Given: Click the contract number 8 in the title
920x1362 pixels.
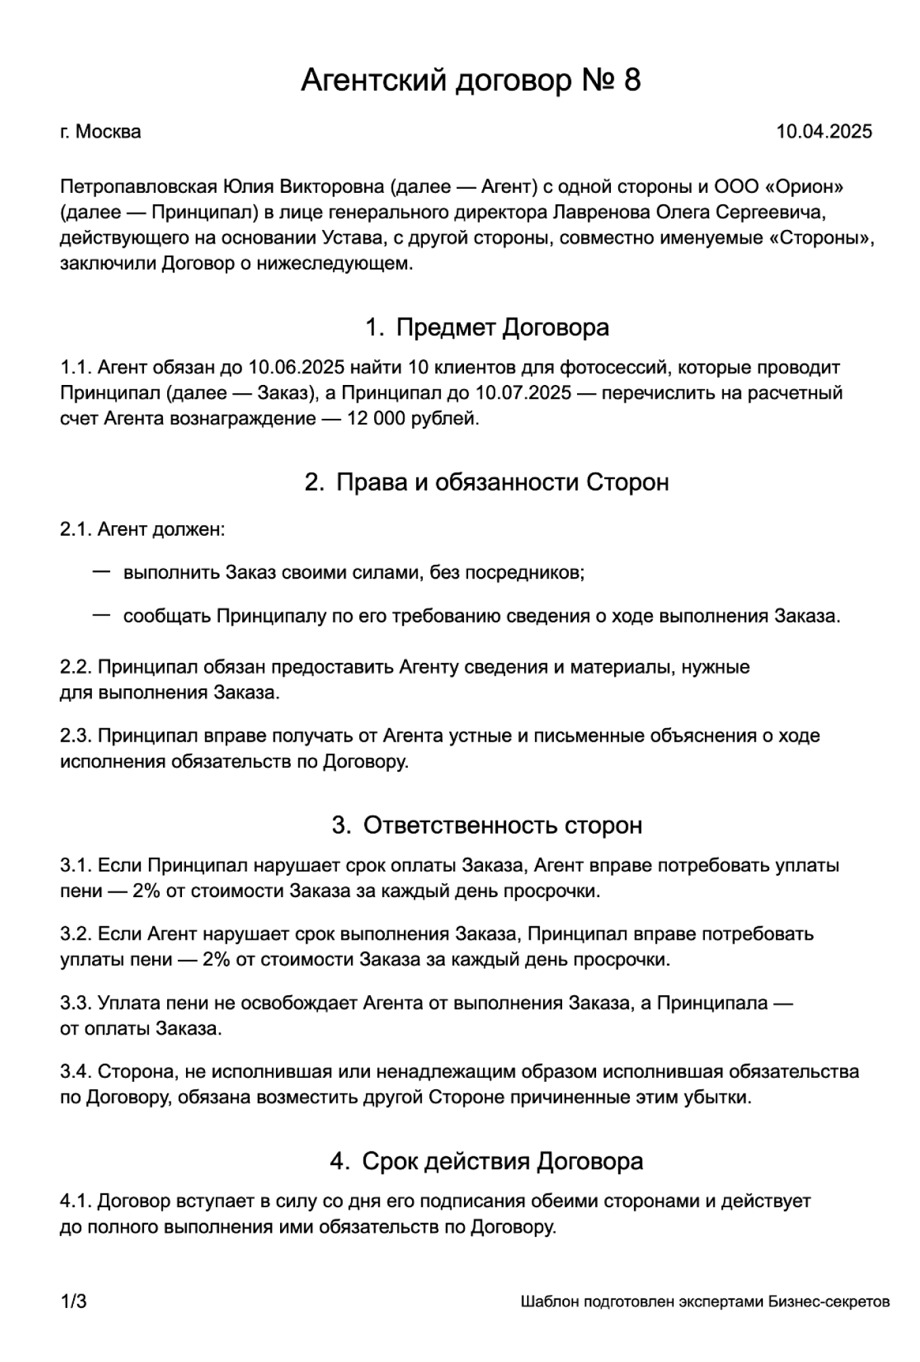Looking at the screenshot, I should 630,81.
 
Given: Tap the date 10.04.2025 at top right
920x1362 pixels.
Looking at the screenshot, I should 824,131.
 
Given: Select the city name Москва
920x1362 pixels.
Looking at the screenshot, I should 108,131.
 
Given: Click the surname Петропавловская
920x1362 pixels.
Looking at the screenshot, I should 138,187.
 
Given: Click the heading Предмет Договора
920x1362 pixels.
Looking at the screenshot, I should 502,327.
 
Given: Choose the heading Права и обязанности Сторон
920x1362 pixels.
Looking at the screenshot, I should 502,482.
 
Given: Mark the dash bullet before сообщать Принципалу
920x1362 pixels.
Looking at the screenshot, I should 101,615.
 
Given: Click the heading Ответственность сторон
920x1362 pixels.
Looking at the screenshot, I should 503,825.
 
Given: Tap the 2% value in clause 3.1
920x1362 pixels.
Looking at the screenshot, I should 147,891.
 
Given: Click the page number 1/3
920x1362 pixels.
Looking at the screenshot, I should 73,1302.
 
